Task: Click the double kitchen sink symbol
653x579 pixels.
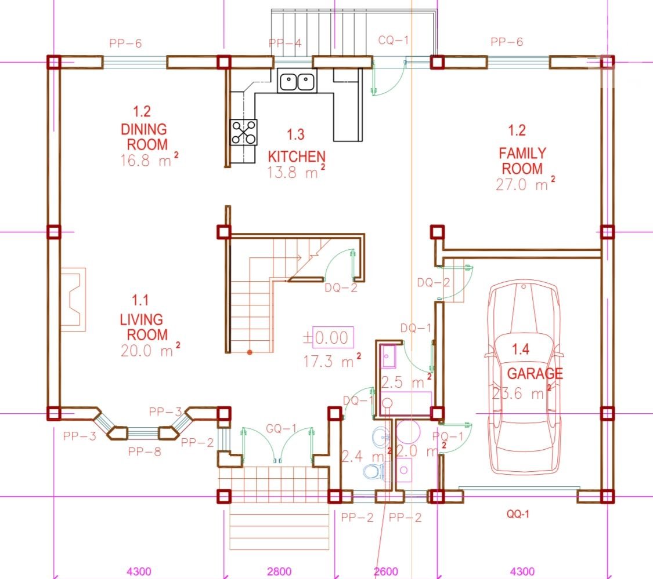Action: click(297, 81)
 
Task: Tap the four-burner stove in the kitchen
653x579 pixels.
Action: click(244, 132)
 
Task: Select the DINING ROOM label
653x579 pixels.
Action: click(144, 137)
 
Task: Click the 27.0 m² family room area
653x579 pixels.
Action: click(525, 184)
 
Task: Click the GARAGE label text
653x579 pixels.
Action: click(535, 373)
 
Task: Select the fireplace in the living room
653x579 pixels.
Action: click(73, 300)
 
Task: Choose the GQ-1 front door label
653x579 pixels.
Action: click(282, 428)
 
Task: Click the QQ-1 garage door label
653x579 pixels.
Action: click(518, 514)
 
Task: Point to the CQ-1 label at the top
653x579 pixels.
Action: click(394, 40)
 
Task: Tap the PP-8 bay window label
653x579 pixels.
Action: click(145, 451)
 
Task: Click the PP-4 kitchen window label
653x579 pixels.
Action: click(285, 43)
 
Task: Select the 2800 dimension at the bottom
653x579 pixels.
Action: click(279, 571)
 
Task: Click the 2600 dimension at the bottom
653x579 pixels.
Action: click(386, 571)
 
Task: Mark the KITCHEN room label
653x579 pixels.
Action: click(297, 156)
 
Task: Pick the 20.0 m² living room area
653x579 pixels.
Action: click(150, 350)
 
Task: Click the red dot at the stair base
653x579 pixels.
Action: click(250, 352)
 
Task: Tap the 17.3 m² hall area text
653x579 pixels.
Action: click(332, 360)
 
